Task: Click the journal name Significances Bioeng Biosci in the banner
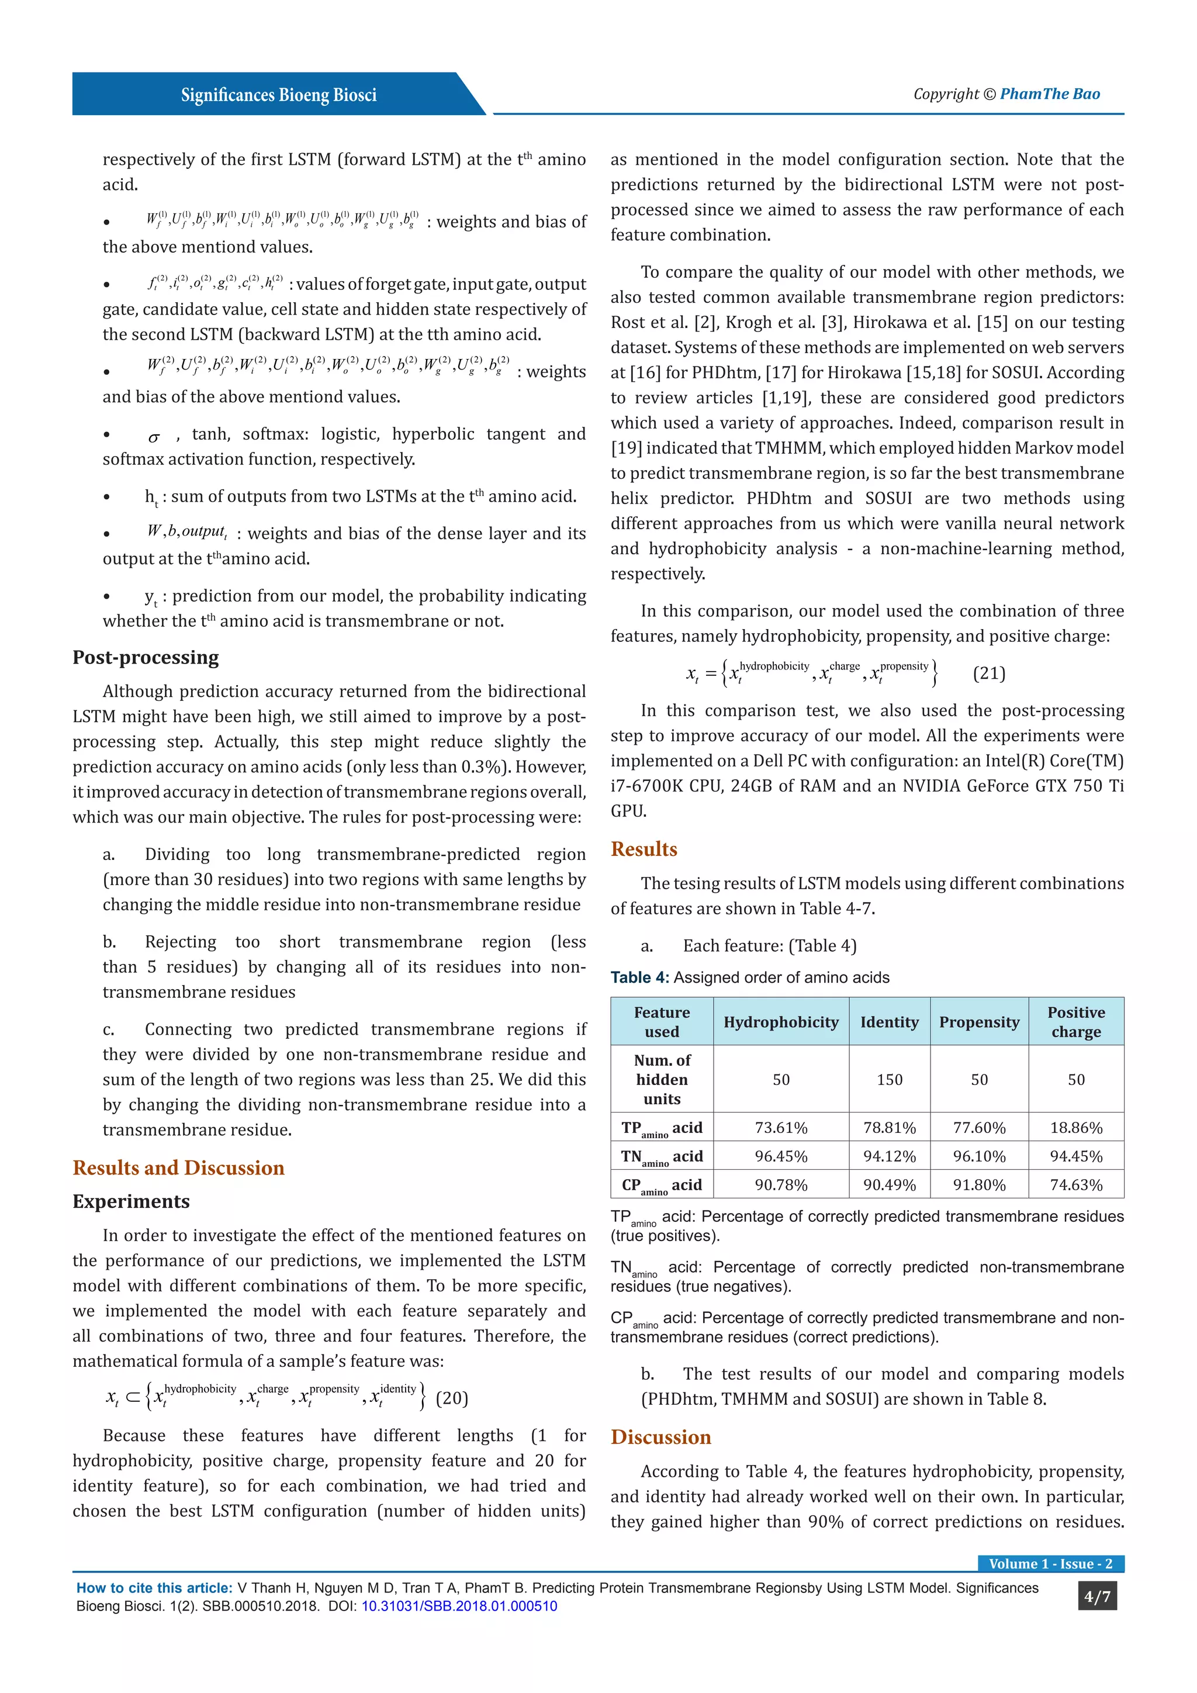[279, 95]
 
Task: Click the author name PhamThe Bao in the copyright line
[1050, 94]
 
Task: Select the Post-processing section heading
[146, 657]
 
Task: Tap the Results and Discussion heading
[178, 1167]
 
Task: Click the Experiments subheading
[131, 1201]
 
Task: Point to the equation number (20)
[452, 1398]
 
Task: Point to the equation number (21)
[989, 673]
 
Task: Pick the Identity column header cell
[889, 1022]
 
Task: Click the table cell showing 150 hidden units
[889, 1080]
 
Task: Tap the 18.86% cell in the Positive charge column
[1076, 1128]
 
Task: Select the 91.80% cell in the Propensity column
[979, 1185]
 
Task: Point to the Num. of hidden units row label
[662, 1080]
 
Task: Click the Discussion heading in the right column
[661, 1436]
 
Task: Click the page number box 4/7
[1096, 1597]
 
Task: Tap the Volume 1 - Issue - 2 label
[1050, 1564]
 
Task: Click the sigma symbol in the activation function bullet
[154, 438]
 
